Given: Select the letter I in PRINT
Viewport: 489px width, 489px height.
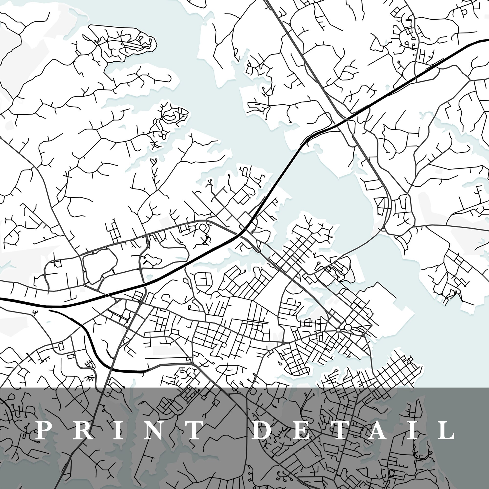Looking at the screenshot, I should (118, 430).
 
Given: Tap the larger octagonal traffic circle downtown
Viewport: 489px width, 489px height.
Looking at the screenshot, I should (348, 328).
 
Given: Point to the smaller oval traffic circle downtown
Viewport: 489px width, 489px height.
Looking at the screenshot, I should (338, 330).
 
